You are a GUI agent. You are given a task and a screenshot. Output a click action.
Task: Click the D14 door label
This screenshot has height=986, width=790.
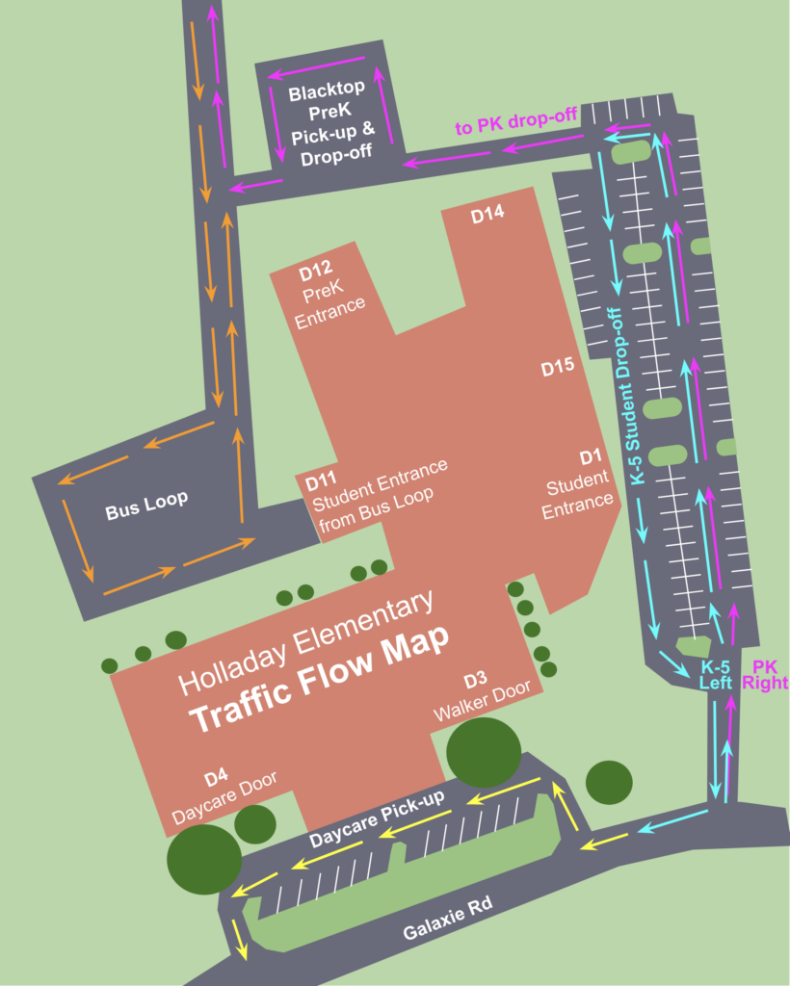(x=487, y=217)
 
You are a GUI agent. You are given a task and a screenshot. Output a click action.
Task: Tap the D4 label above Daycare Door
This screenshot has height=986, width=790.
(x=215, y=776)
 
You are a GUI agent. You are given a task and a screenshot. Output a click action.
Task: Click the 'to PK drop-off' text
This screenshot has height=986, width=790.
(x=516, y=122)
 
